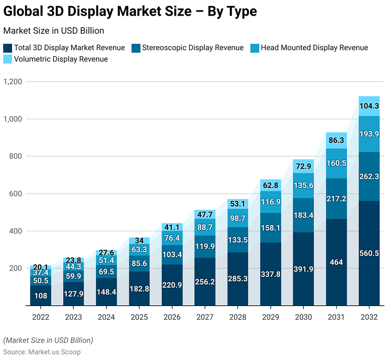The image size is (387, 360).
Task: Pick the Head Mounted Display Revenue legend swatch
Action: (255, 47)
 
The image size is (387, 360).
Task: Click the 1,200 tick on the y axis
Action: (13, 82)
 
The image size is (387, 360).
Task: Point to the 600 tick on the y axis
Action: (16, 194)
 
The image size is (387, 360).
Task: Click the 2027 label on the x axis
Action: (205, 317)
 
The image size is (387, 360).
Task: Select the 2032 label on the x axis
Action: (369, 317)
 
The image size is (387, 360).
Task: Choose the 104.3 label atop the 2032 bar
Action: (369, 106)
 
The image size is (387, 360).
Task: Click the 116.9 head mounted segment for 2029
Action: (270, 202)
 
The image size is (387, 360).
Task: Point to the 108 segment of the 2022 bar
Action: (41, 295)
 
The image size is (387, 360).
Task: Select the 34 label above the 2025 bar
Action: (139, 241)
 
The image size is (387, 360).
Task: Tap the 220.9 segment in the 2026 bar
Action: (172, 285)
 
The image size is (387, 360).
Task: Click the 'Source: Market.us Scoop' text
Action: (42, 352)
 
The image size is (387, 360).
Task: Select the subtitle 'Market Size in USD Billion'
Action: (54, 31)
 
